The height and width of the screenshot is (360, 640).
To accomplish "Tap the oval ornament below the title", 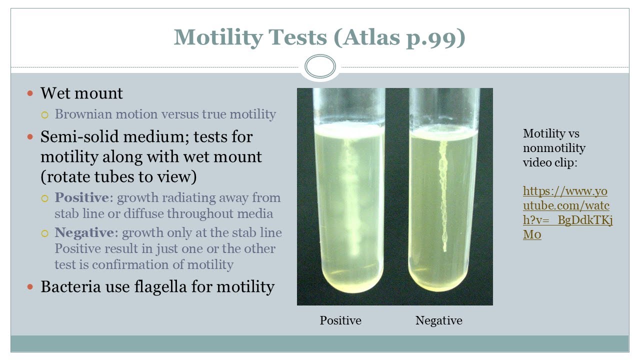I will tap(320, 66).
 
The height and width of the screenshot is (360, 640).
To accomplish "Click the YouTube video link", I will tap(567, 213).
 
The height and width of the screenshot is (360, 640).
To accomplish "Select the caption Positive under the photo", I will tap(340, 320).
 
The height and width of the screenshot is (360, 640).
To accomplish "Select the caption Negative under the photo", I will tap(438, 320).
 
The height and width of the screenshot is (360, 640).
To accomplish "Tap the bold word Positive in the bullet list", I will tap(84, 198).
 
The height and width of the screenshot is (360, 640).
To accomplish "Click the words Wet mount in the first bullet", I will tap(81, 93).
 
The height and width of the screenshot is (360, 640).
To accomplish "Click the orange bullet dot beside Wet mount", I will tap(30, 93).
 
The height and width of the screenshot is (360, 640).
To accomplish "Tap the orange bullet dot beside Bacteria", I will tap(30, 287).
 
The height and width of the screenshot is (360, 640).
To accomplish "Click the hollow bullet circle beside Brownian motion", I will tap(45, 115).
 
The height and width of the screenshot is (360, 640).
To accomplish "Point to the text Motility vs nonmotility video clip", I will tap(554, 148).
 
